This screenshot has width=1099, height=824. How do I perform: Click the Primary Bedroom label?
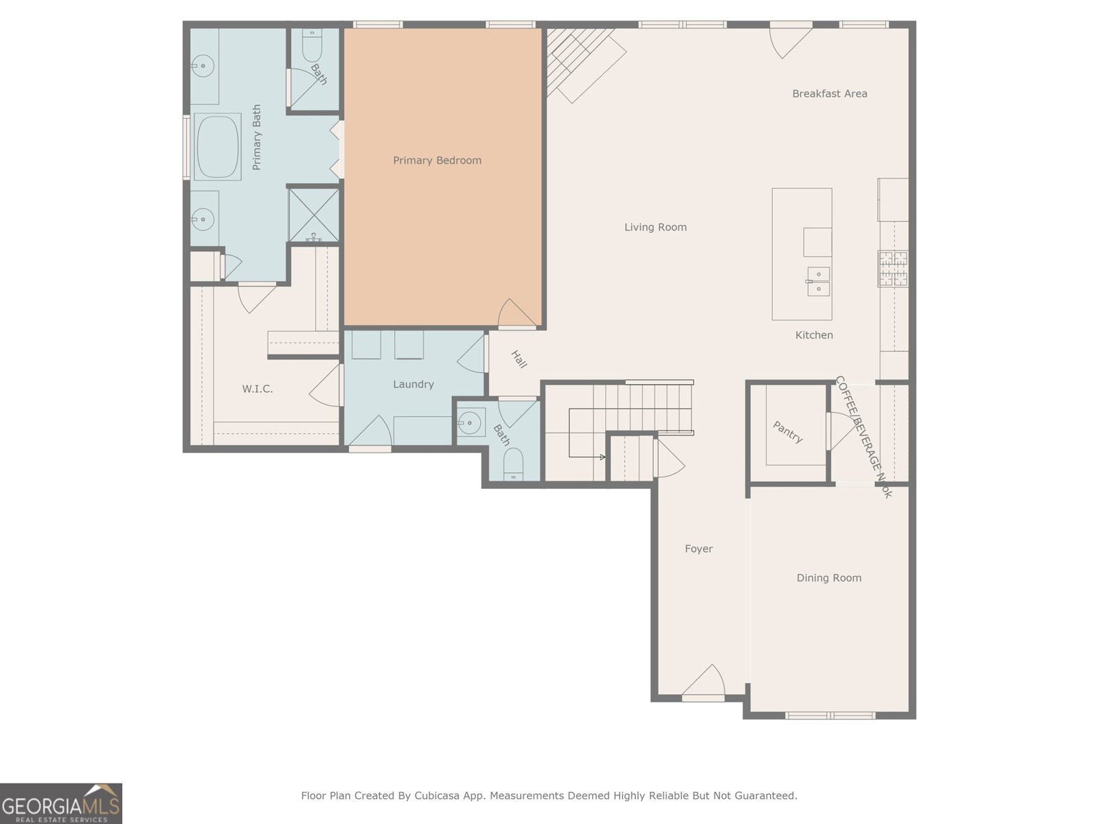click(437, 161)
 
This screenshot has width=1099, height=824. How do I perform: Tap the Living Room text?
click(655, 227)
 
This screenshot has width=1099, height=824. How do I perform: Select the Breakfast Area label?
click(829, 93)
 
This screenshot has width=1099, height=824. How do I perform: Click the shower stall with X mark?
click(313, 214)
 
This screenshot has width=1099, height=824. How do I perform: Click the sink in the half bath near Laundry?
click(471, 423)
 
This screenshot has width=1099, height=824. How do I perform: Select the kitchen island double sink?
click(818, 282)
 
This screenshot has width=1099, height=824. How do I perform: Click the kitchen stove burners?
click(893, 268)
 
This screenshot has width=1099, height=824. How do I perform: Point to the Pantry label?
click(787, 432)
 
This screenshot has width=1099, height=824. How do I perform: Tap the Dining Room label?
click(828, 578)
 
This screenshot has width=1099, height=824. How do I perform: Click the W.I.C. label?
click(257, 389)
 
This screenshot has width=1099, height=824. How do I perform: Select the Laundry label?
click(413, 385)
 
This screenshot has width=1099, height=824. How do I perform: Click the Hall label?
click(519, 359)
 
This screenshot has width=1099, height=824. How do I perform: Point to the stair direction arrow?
click(602, 457)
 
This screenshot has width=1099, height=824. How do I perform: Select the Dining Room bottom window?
click(830, 716)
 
